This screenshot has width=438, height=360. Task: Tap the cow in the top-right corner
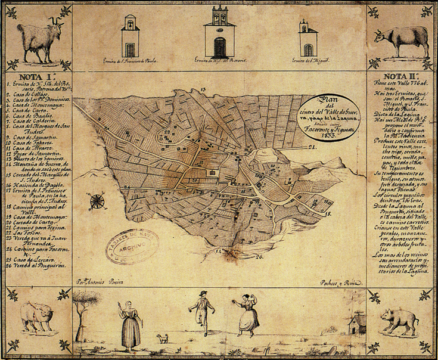coord(400,41)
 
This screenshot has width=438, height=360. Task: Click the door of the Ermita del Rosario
coord(220,47)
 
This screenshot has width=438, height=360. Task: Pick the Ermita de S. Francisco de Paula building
coord(130,39)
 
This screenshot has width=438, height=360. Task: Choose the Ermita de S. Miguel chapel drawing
coord(308,39)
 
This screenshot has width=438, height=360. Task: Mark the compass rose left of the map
coord(95,201)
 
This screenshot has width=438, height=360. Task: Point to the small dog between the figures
coord(160,339)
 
